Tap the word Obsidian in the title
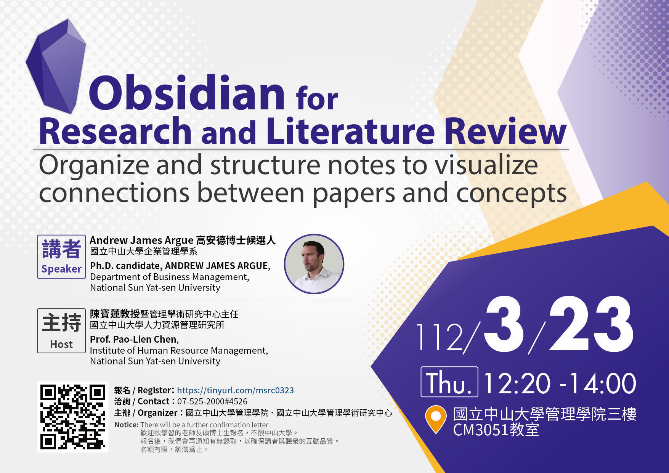click(187, 93)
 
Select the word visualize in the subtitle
click(486, 165)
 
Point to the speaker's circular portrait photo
click(314, 264)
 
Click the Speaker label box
click(61, 257)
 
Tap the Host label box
click(61, 330)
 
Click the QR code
click(72, 417)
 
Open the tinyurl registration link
click(235, 390)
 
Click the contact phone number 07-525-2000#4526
click(212, 401)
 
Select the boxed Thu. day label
click(449, 382)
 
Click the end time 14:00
click(602, 383)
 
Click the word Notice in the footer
click(126, 425)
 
